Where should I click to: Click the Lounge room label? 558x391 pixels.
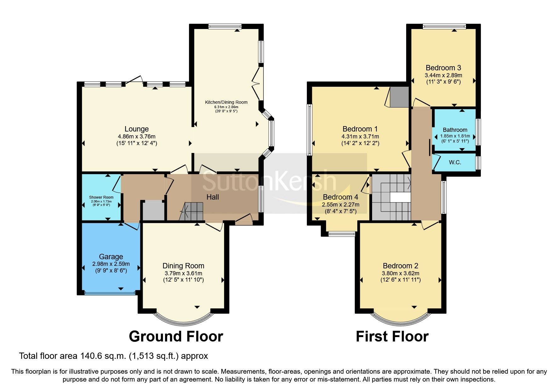136,129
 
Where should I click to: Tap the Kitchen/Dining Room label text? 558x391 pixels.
226,102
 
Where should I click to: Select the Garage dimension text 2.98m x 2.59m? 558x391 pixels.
111,264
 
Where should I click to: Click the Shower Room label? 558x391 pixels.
101,197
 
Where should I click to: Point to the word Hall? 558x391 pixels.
213,197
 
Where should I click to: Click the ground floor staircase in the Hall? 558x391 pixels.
192,211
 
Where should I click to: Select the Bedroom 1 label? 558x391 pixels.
360,129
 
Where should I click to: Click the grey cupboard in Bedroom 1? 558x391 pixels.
399,97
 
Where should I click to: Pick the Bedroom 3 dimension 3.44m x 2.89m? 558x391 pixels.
443,75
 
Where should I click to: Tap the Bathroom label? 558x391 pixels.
455,130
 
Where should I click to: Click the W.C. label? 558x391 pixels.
455,162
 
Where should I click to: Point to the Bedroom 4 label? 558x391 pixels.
340,197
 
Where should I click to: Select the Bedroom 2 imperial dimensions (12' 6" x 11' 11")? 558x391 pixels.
400,280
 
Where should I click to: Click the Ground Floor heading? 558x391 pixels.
176,336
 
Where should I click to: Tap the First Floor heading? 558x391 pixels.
392,336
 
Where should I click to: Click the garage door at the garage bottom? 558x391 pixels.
110,293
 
